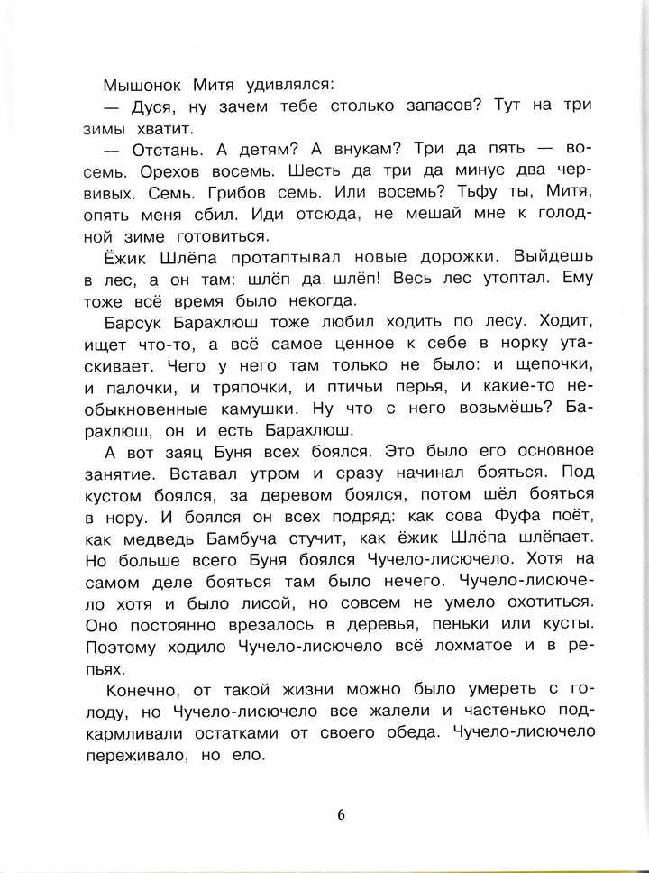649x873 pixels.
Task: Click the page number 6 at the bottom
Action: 340,814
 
